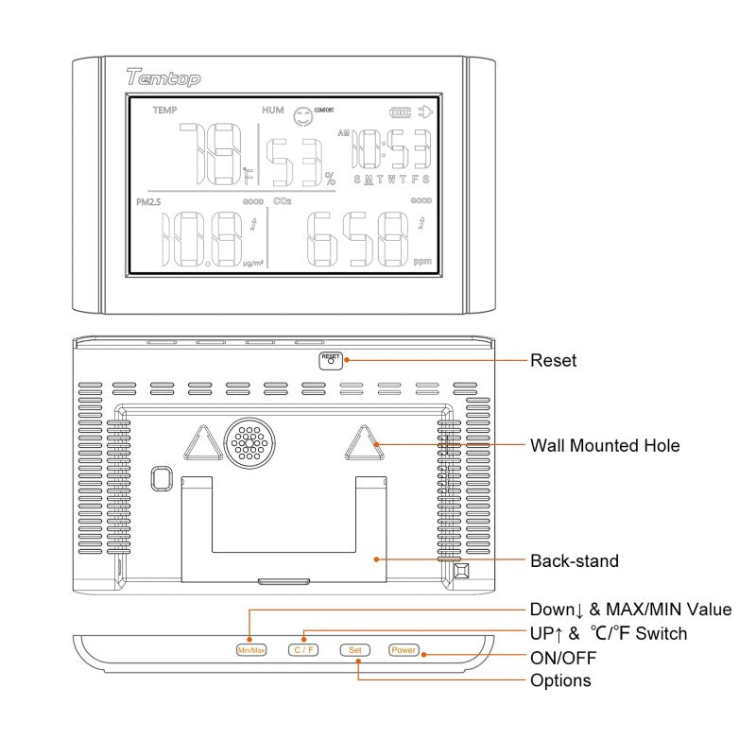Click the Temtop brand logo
[x=163, y=79]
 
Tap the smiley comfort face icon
[x=302, y=116]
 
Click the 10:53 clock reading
[x=392, y=149]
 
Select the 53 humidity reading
[x=291, y=163]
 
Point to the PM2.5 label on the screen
[x=149, y=201]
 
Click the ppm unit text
[x=421, y=262]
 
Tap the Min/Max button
[x=252, y=650]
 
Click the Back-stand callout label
[x=574, y=560]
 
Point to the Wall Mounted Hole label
[x=604, y=445]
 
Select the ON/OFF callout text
[x=563, y=657]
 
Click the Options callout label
[x=560, y=680]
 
